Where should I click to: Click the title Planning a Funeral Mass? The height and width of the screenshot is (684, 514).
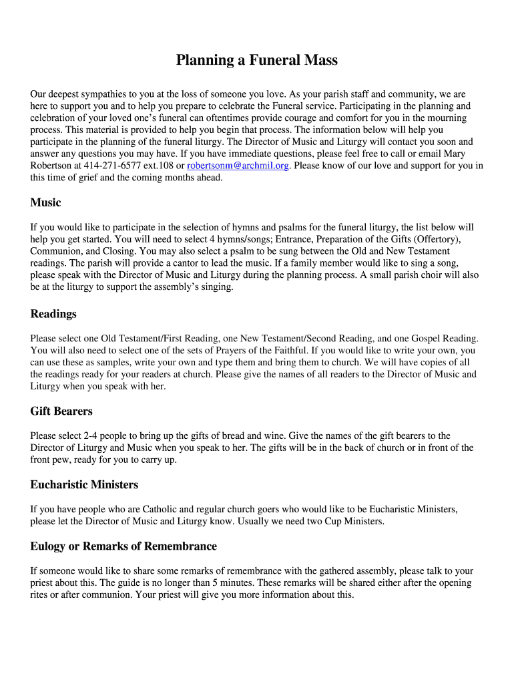tap(257, 61)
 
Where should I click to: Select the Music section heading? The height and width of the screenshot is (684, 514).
tap(45, 202)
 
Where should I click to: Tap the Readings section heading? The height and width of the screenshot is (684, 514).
tap(53, 314)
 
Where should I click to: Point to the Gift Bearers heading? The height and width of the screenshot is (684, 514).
tap(61, 411)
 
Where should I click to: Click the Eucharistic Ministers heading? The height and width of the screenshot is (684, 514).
tap(84, 484)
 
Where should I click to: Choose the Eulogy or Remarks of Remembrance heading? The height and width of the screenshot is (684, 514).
tap(123, 546)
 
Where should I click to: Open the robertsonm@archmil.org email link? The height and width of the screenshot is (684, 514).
tap(238, 166)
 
